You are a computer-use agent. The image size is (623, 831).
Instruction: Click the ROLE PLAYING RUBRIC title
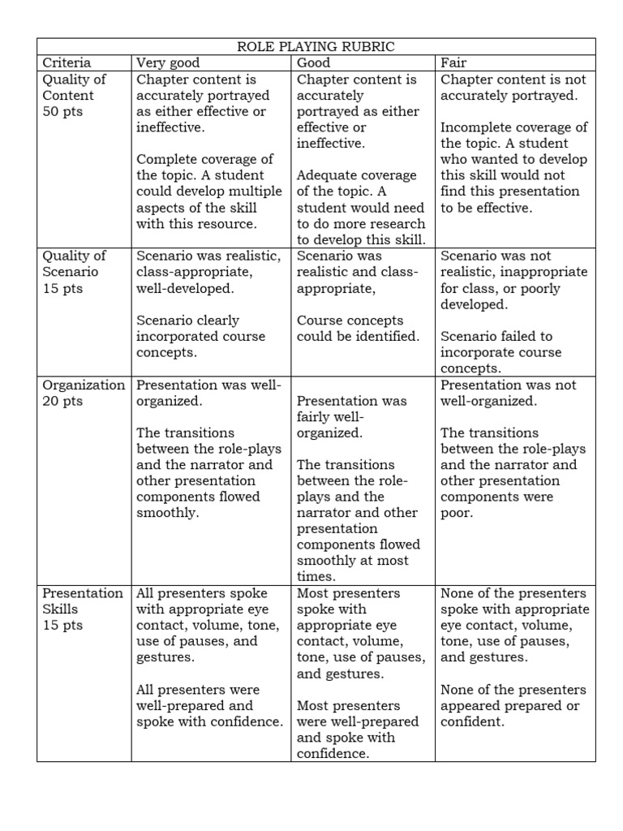316,46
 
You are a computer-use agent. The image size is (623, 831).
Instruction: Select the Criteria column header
67,62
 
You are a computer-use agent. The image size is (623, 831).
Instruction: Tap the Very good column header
168,62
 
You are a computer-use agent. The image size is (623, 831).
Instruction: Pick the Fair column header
453,62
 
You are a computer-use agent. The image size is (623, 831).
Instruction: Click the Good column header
314,62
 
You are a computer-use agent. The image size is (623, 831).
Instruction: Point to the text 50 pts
62,111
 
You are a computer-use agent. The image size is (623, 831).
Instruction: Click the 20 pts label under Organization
62,401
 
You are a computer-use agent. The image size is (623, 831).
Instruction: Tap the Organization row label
84,385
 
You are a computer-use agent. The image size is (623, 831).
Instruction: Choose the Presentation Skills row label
82,601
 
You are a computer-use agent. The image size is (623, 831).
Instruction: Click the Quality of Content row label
75,87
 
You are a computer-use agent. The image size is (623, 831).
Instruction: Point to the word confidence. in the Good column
333,754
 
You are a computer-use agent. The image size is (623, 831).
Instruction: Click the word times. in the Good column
316,577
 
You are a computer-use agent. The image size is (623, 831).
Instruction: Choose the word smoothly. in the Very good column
167,513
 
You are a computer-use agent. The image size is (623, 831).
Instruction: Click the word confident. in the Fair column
472,721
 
